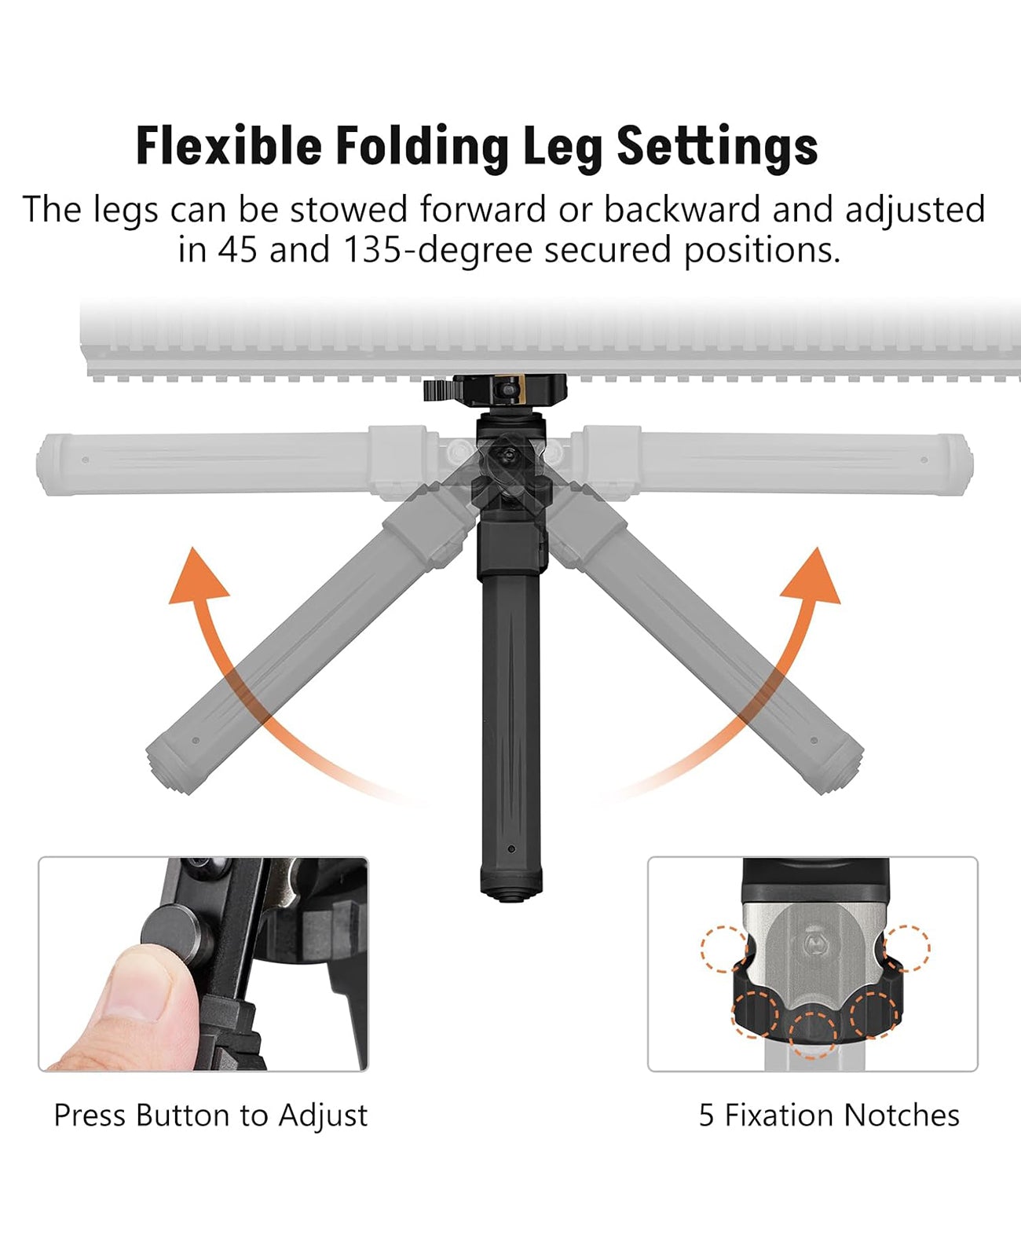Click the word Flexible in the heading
pos(229,146)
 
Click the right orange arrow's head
pos(814,577)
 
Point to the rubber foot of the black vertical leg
pos(511,884)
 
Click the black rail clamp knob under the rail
pos(441,390)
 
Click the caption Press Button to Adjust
pos(210,1116)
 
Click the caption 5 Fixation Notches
pos(829,1116)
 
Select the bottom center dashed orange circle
pos(813,1033)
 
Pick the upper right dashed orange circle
pos(906,948)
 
